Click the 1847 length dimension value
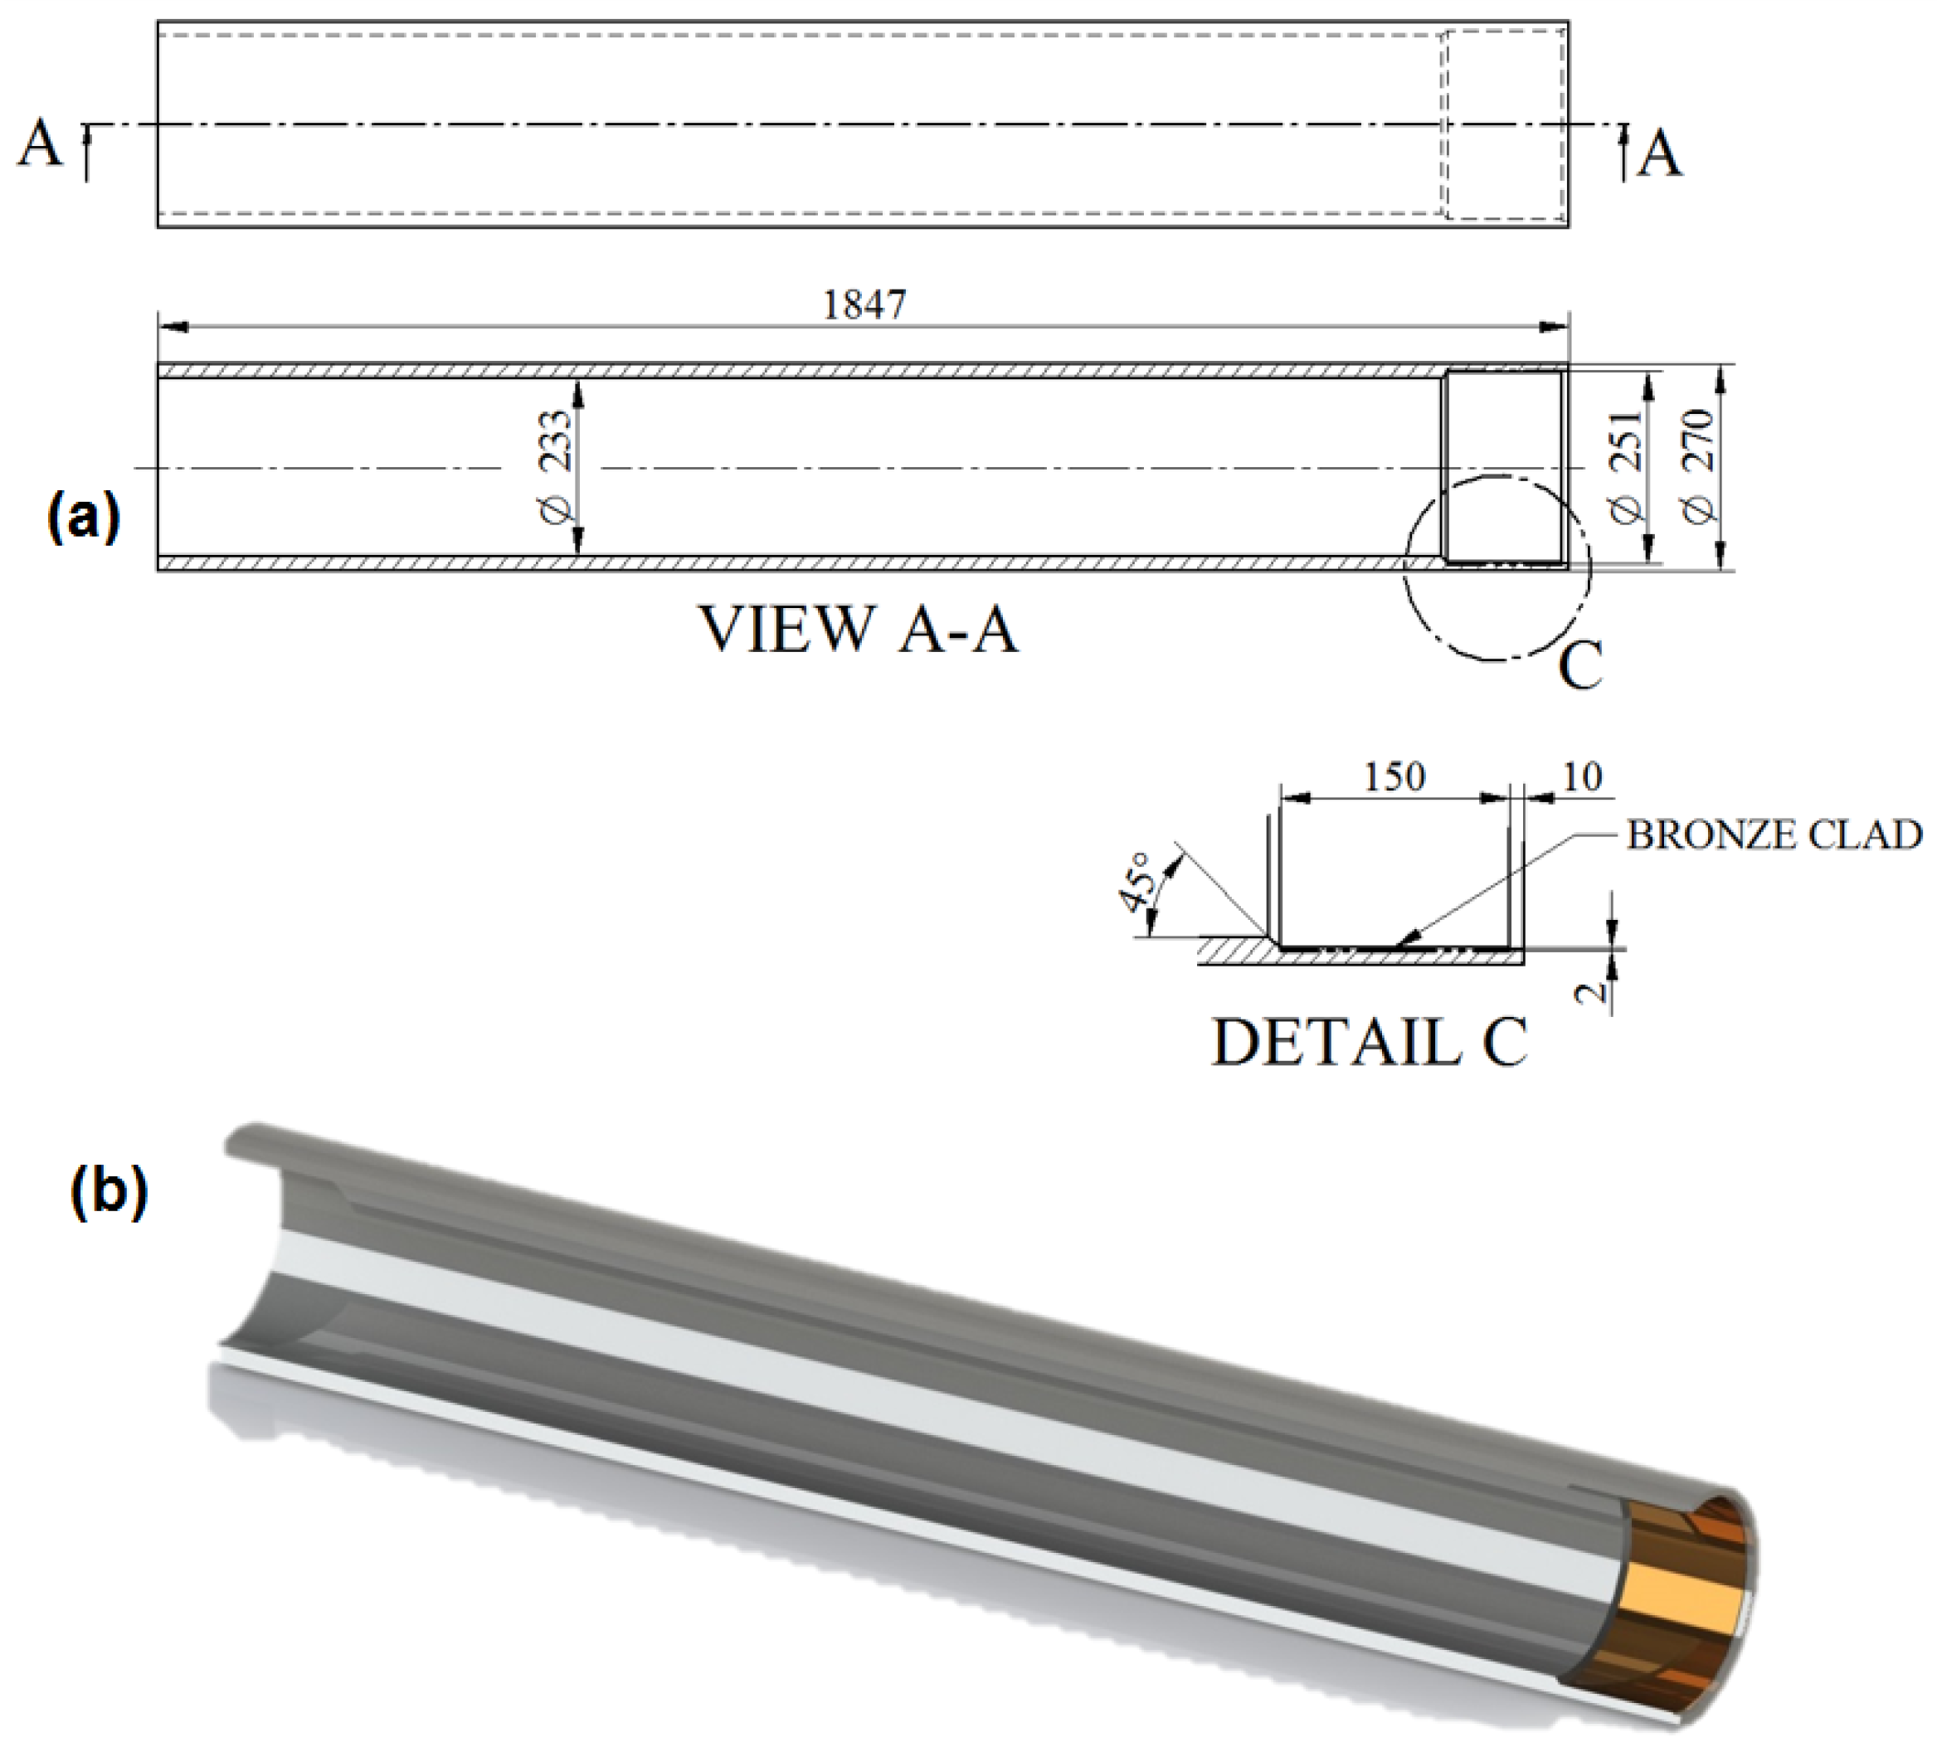(864, 304)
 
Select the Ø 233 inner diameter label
(557, 467)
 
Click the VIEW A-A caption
(858, 630)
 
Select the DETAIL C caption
(1369, 1043)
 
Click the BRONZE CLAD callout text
(1774, 835)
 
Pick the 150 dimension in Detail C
(1394, 776)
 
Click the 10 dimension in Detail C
(1583, 776)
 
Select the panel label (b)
(110, 1193)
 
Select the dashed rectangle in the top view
(1506, 124)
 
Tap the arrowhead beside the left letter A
(86, 134)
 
